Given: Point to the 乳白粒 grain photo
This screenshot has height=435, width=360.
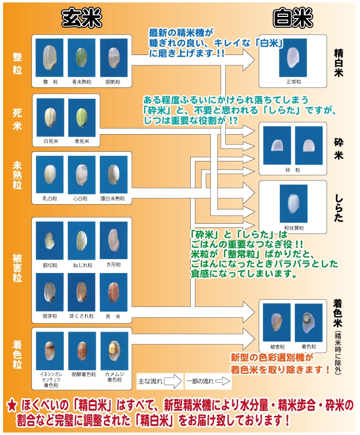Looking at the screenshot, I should (x=50, y=174).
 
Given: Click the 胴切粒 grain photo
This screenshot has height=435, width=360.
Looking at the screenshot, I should (x=50, y=240).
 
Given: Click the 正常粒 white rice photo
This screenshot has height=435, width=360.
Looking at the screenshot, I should (x=292, y=58).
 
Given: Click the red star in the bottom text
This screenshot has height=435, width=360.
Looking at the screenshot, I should (x=12, y=406).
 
